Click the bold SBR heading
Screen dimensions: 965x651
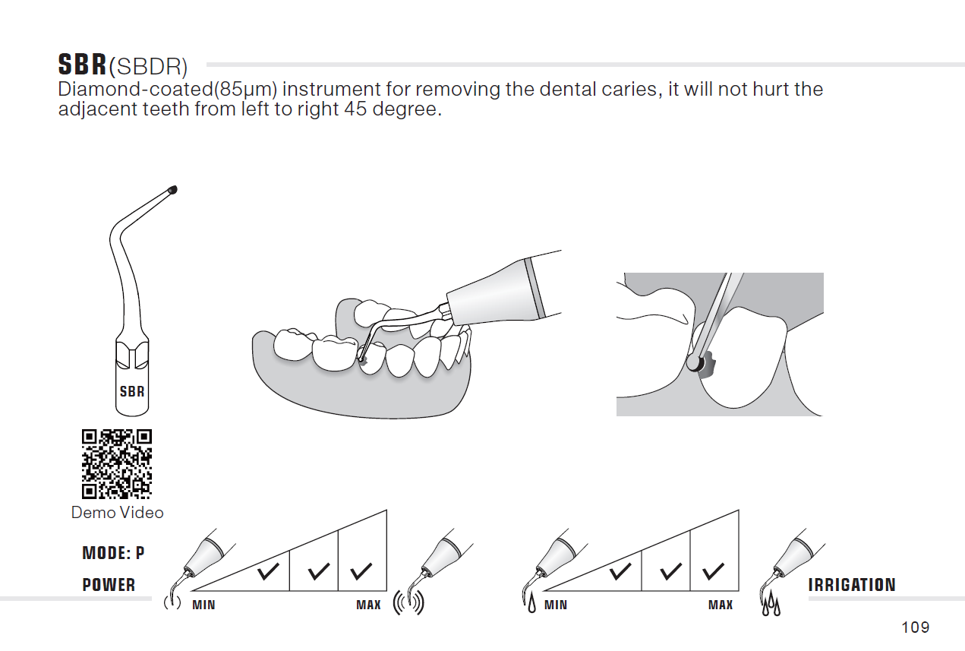pyautogui.click(x=82, y=65)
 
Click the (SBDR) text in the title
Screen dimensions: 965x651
pyautogui.click(x=148, y=67)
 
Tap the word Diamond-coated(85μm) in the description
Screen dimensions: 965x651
pyautogui.click(x=167, y=89)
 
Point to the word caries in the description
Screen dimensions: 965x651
pyautogui.click(x=630, y=89)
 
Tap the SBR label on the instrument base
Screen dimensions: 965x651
pyautogui.click(x=132, y=391)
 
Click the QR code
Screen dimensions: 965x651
pyautogui.click(x=117, y=464)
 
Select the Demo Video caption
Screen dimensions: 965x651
pyautogui.click(x=117, y=513)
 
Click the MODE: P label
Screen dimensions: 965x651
pyautogui.click(x=113, y=553)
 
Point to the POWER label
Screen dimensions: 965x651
pyautogui.click(x=109, y=585)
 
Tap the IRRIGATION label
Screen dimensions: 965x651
pyautogui.click(x=852, y=585)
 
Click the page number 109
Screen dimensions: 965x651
pyautogui.click(x=916, y=627)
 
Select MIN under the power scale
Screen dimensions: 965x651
pyautogui.click(x=203, y=605)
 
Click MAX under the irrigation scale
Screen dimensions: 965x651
pyautogui.click(x=721, y=605)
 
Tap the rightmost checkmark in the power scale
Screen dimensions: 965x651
pyautogui.click(x=361, y=571)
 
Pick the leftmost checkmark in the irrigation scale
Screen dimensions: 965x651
pyautogui.click(x=620, y=571)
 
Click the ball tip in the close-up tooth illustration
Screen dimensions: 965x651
pyautogui.click(x=694, y=363)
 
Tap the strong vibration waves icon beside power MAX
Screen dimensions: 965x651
pyautogui.click(x=408, y=602)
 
